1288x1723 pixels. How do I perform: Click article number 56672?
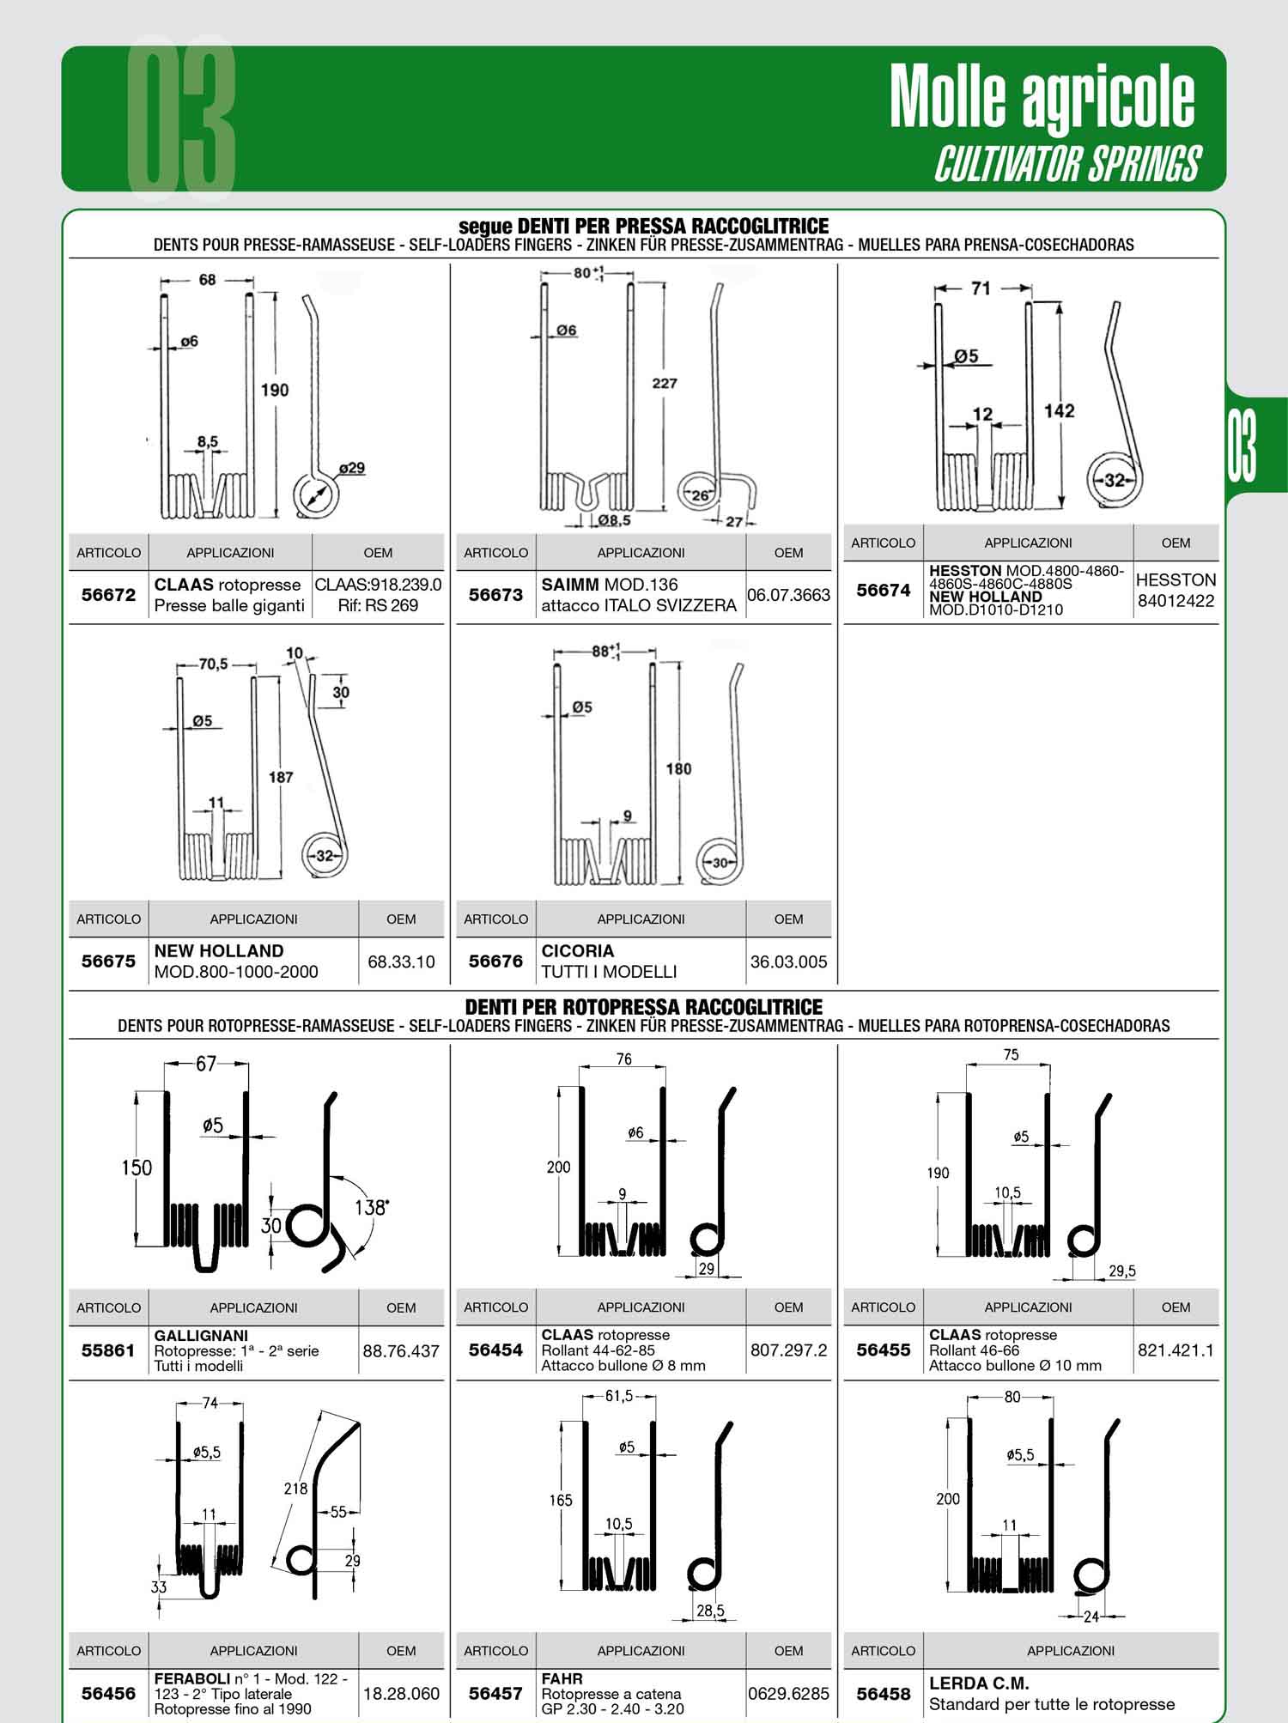(x=108, y=595)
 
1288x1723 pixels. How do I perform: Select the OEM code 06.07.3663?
(x=788, y=595)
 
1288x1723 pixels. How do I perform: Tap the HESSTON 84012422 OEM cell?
(x=1176, y=590)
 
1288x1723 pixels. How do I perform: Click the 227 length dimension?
(x=665, y=384)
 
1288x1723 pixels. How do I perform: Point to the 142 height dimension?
(x=1059, y=411)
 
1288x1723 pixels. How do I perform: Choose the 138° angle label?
(x=372, y=1207)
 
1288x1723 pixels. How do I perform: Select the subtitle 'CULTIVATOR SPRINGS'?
(x=1067, y=163)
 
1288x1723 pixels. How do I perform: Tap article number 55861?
(x=108, y=1350)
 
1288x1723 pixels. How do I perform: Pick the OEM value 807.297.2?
(x=788, y=1350)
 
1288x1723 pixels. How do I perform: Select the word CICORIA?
(x=577, y=951)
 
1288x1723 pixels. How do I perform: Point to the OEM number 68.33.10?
(x=401, y=962)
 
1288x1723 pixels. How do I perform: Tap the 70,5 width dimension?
(x=213, y=664)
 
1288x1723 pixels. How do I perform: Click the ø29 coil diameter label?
(x=351, y=469)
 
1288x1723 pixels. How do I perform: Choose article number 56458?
(x=884, y=1694)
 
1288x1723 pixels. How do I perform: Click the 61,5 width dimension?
(x=618, y=1397)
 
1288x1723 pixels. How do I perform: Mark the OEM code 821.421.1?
(x=1176, y=1350)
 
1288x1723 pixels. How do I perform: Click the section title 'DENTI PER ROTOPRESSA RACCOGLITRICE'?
(x=643, y=1007)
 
